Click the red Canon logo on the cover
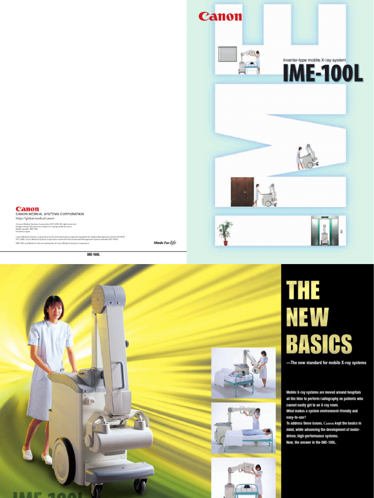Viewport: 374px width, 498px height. tap(220, 17)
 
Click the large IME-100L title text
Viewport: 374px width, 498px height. tap(322, 73)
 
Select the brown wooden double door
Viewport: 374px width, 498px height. tap(242, 192)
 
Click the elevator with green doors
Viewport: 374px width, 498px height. tap(324, 231)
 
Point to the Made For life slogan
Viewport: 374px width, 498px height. tap(165, 242)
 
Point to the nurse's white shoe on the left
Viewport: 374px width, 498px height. tap(27, 454)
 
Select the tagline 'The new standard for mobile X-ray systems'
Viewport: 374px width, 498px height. tap(328, 363)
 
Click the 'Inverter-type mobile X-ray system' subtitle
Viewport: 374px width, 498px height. tap(315, 60)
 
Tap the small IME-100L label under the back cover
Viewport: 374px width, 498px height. tap(93, 254)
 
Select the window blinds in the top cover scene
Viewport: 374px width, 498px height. tap(227, 54)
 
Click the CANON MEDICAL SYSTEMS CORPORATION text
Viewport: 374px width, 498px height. tap(50, 214)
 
